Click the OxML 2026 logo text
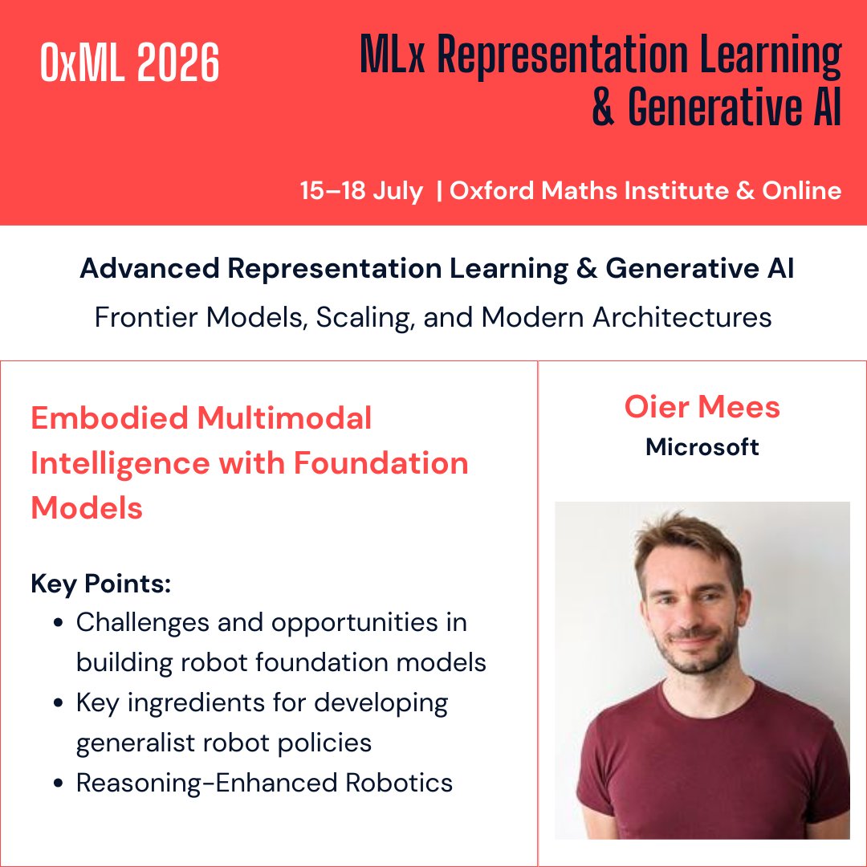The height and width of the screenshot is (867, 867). pos(129,64)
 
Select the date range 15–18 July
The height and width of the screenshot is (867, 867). pos(361,191)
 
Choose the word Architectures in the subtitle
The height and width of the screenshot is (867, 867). pos(682,317)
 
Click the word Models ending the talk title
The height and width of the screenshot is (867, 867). pos(87,508)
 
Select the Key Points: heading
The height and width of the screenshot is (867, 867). pos(101,584)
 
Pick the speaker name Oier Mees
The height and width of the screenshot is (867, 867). pos(702,407)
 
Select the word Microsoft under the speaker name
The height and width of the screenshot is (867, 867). pos(702,447)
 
